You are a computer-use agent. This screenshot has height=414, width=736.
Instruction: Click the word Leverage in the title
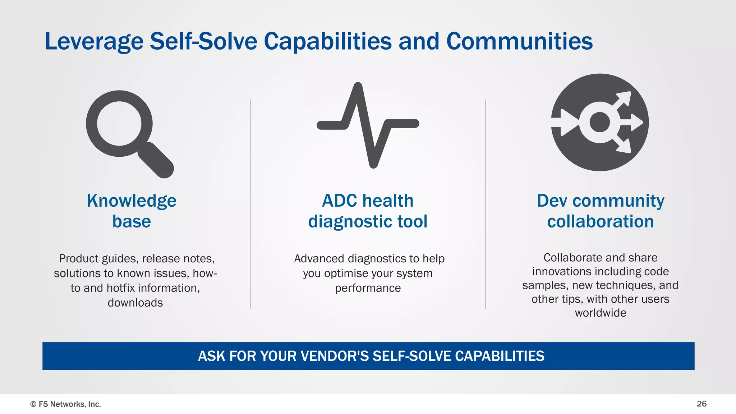94,42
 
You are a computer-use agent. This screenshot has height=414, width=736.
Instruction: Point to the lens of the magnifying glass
119,124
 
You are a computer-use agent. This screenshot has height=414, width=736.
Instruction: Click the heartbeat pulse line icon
368,124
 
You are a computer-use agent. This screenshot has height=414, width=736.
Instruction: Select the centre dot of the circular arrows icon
599,123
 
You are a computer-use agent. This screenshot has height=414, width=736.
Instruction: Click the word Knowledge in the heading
132,201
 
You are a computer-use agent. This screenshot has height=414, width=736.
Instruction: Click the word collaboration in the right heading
600,222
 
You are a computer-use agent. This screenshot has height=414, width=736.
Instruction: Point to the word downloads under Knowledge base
135,303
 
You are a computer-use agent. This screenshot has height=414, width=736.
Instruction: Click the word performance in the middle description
368,288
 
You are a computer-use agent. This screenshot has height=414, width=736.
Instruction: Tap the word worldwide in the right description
600,313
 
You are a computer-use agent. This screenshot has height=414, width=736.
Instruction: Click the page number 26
701,404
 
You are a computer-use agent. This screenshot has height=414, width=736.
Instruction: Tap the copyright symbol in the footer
33,404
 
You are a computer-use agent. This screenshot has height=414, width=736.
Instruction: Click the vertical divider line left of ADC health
250,204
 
